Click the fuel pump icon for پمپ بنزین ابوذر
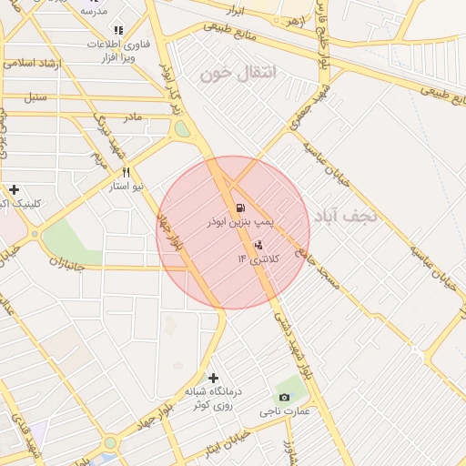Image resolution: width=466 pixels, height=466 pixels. point(239,208)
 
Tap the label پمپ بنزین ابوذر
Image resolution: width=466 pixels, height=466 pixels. point(240,222)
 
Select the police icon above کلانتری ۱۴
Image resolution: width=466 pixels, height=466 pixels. point(258,245)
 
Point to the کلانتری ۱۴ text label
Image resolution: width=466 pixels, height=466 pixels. point(259,258)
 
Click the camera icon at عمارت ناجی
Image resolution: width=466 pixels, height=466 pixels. point(285,398)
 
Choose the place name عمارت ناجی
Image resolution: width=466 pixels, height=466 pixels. point(297,410)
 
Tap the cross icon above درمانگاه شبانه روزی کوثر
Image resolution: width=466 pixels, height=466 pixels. point(214,378)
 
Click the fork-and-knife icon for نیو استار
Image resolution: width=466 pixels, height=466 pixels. point(127,172)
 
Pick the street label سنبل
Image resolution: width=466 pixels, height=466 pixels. point(36,96)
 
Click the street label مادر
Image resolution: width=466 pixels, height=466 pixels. point(133,117)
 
